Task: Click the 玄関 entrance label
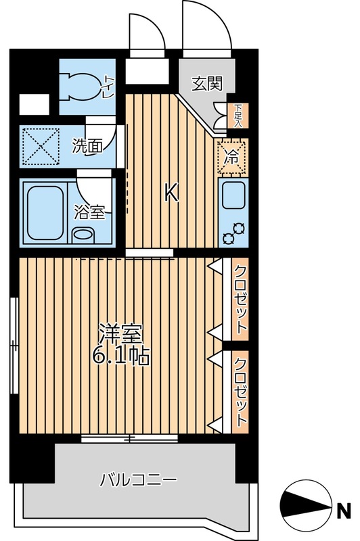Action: pyautogui.click(x=207, y=84)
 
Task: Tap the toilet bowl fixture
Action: pyautogui.click(x=84, y=84)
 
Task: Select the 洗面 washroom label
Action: pyautogui.click(x=87, y=145)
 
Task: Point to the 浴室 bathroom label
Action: pyautogui.click(x=89, y=212)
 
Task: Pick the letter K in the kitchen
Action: pyautogui.click(x=171, y=194)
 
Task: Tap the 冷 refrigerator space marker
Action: pyautogui.click(x=231, y=157)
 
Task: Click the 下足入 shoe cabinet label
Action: pyautogui.click(x=238, y=114)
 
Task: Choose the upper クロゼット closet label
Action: pyautogui.click(x=240, y=298)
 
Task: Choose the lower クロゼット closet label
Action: pyautogui.click(x=240, y=390)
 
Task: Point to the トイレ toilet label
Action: pyautogui.click(x=108, y=85)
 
